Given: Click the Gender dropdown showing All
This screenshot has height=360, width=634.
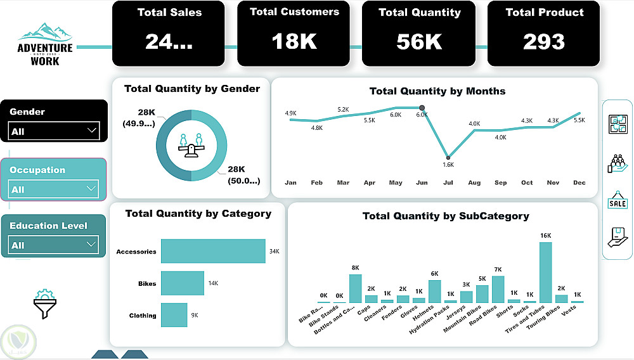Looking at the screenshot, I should tap(54, 131).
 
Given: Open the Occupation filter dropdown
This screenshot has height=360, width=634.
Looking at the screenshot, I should tap(54, 189).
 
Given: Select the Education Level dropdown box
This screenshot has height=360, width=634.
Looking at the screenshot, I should tap(54, 245).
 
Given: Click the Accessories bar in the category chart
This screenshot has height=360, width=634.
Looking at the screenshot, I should tap(213, 251).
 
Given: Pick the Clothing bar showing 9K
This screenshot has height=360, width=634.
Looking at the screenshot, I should tap(174, 315).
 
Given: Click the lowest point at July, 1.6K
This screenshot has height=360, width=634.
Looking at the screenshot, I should tap(448, 157).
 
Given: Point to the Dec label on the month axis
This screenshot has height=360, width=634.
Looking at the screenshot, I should tap(579, 183).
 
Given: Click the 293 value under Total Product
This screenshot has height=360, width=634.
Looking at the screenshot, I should tap(544, 41).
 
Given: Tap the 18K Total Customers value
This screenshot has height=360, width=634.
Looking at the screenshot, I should tap(294, 41).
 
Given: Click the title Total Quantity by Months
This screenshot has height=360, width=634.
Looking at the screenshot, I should tap(437, 91).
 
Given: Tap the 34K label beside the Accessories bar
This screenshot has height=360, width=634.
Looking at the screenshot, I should tap(274, 252).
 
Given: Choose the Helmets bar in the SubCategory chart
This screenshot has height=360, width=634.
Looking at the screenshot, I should tap(434, 292).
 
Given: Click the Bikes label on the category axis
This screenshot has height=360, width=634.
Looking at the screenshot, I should tap(146, 283).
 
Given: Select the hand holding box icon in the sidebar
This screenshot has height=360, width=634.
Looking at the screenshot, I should tap(618, 238).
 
